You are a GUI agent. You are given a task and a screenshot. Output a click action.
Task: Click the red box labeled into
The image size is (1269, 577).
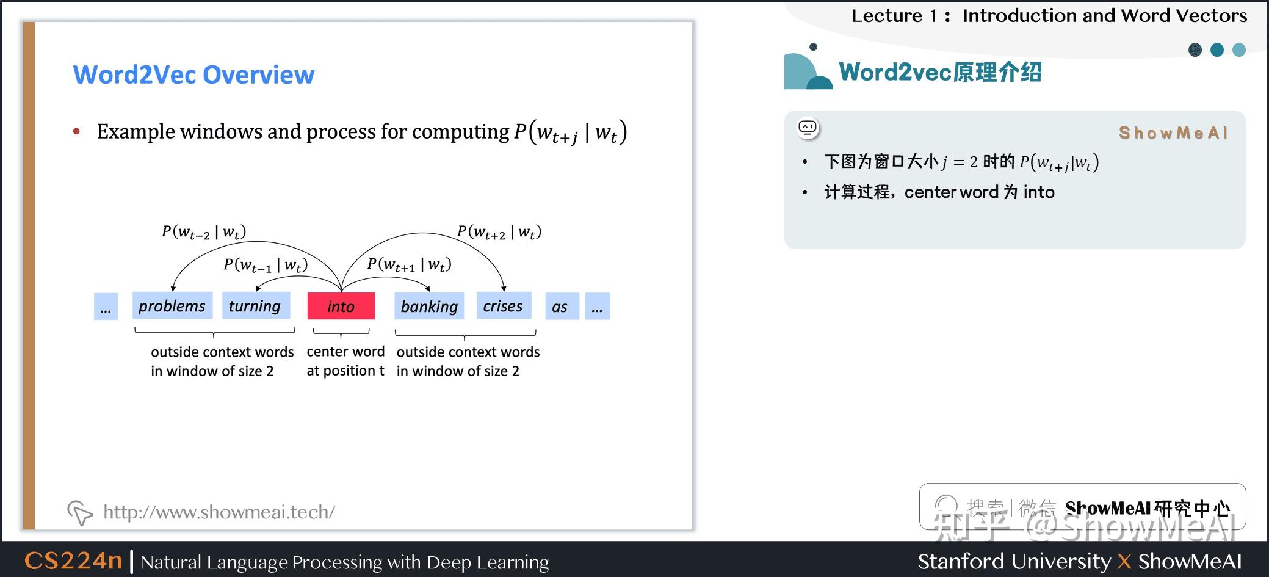[341, 306]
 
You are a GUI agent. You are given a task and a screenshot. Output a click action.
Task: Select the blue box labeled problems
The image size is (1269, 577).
[172, 306]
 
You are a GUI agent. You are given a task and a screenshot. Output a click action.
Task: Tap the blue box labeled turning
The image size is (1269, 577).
[255, 306]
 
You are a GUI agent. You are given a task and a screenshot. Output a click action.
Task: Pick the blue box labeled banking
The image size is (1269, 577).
[429, 307]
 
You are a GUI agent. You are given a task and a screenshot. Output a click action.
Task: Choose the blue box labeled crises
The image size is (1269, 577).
[503, 306]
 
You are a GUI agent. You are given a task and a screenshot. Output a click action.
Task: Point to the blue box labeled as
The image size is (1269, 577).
[560, 307]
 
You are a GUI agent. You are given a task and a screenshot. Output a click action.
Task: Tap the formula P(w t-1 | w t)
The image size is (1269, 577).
[266, 265]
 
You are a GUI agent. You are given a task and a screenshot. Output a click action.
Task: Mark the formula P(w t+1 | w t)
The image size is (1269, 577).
[409, 265]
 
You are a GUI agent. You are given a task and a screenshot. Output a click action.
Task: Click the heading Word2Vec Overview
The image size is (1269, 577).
[193, 74]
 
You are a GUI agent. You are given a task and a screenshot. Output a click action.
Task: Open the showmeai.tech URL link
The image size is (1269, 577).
[219, 512]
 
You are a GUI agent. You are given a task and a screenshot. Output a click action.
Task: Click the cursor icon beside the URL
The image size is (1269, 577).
[79, 512]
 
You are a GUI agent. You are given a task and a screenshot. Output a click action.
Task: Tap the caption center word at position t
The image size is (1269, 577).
[345, 361]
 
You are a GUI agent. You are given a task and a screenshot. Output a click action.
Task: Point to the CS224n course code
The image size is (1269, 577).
[73, 561]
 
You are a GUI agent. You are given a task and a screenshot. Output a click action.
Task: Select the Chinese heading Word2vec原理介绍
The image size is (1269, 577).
[940, 72]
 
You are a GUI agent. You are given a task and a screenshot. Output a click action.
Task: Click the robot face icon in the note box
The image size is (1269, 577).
[808, 128]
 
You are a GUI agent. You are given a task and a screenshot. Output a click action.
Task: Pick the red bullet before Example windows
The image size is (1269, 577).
[77, 131]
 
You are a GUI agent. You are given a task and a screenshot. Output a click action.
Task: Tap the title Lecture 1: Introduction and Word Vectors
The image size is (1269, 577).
[1049, 15]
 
